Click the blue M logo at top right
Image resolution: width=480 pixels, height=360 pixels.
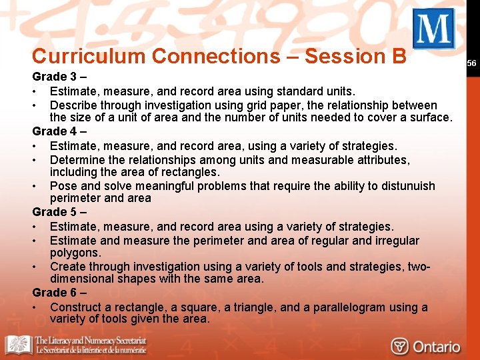[433, 29]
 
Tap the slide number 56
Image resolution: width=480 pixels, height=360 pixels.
[471, 63]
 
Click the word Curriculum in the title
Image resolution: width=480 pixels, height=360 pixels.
[88, 57]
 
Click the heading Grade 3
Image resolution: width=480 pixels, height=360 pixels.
[59, 77]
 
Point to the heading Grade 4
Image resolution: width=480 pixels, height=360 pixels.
[59, 131]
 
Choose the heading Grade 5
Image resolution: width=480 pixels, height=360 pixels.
[59, 213]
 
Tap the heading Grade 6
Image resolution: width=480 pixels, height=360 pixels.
[59, 293]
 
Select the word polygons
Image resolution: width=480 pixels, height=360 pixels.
[75, 253]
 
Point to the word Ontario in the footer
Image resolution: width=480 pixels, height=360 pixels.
[436, 347]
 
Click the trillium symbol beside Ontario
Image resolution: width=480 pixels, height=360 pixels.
[400, 347]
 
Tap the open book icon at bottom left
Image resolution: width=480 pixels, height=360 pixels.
[18, 345]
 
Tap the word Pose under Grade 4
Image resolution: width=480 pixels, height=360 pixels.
[63, 186]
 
